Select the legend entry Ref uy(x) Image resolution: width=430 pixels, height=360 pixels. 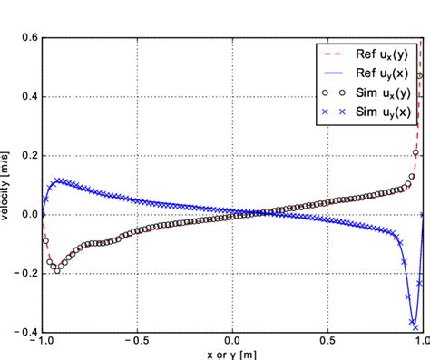pyautogui.click(x=375, y=73)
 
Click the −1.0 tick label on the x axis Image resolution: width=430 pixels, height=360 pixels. pyautogui.click(x=41, y=345)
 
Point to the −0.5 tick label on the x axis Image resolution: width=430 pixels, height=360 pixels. pyautogui.click(x=136, y=345)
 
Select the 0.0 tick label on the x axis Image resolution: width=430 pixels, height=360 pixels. pyautogui.click(x=232, y=345)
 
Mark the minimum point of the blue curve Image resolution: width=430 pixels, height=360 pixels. pyautogui.click(x=414, y=325)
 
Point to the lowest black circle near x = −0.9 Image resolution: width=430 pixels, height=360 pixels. pyautogui.click(x=57, y=270)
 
